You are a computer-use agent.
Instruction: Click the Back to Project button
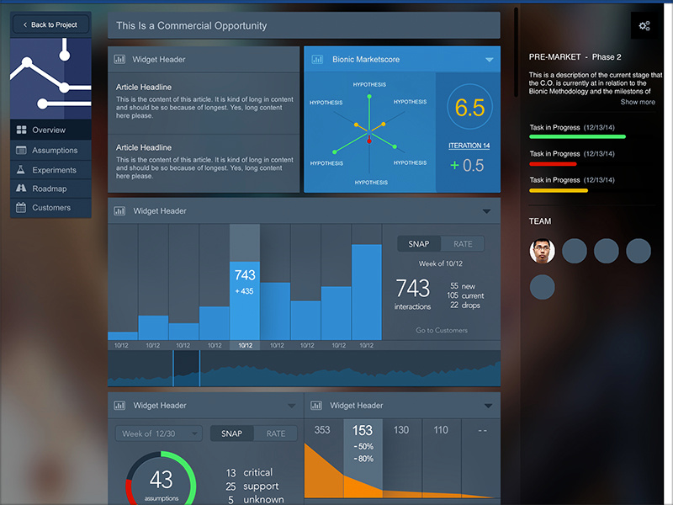coord(50,25)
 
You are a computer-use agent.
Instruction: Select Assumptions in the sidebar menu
coord(54,150)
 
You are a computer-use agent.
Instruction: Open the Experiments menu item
coord(54,169)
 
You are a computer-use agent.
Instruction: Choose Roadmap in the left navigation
coord(49,189)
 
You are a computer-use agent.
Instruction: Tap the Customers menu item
coord(51,207)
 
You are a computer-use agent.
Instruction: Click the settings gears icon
coord(644,26)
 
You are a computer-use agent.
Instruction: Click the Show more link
coord(638,102)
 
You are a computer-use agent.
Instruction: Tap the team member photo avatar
coord(543,251)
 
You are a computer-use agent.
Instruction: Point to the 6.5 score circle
coord(469,108)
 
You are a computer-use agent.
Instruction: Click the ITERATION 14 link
coord(469,146)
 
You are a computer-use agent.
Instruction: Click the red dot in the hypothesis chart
coord(368,141)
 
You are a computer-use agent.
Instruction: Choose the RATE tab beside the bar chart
coord(463,244)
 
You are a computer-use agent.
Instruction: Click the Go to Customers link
coord(441,330)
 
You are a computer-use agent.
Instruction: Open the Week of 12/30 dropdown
coord(159,433)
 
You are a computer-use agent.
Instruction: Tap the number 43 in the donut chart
coord(160,479)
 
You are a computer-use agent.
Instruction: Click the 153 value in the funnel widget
coord(363,430)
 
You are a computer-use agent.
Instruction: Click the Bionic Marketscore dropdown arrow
coord(489,60)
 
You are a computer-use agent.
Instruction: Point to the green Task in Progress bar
coord(577,136)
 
